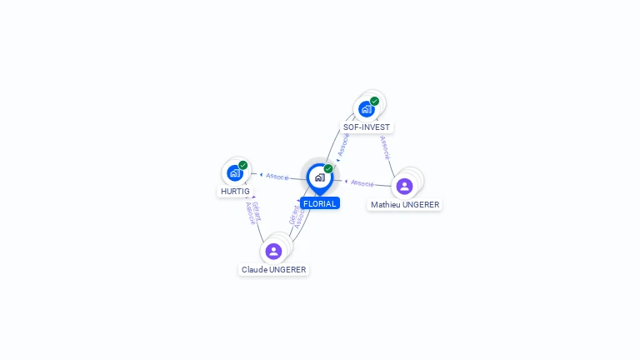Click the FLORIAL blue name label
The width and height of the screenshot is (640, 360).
(320, 203)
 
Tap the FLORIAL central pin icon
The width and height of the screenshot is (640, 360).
(319, 177)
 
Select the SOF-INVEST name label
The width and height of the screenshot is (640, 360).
(367, 127)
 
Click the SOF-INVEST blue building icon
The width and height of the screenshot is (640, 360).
(366, 109)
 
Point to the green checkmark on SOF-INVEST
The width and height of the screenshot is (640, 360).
(375, 101)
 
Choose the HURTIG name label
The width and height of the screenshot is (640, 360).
(235, 191)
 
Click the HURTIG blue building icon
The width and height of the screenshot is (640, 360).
(234, 173)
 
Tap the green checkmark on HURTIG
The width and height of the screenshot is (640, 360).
(243, 165)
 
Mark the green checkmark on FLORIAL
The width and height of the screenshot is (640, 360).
(328, 168)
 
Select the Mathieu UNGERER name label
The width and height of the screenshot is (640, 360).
(405, 204)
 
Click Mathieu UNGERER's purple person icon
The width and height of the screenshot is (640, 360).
(404, 186)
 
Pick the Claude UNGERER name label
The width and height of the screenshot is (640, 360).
(274, 269)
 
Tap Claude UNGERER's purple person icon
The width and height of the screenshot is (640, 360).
(273, 251)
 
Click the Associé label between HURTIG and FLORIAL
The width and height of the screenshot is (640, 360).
(277, 177)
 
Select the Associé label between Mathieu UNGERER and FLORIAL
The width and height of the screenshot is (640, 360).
(362, 182)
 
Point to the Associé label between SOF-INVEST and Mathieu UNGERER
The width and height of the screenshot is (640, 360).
(384, 147)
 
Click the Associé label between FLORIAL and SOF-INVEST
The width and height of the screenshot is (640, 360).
(342, 144)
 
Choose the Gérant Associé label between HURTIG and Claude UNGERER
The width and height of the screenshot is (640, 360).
(252, 213)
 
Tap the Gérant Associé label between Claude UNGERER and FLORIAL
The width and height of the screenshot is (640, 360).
(297, 217)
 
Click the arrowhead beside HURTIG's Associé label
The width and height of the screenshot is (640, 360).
(261, 175)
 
